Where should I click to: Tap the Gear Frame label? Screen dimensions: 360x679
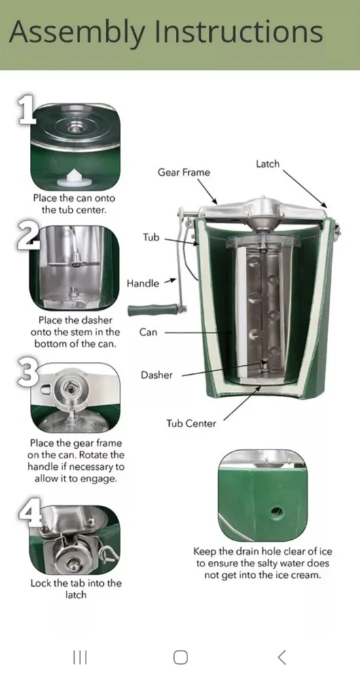tap(183, 172)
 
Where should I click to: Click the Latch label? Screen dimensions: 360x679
tap(268, 164)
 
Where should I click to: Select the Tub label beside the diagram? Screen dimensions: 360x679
tap(151, 237)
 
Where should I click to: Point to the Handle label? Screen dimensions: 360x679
tap(143, 284)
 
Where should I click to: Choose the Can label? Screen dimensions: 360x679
tap(148, 333)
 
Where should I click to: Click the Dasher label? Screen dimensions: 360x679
tap(156, 375)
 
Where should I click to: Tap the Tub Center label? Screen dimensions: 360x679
tap(191, 424)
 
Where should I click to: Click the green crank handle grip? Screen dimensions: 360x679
tap(153, 310)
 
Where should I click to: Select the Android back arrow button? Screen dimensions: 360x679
tap(282, 657)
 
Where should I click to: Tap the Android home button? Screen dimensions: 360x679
tap(180, 657)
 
